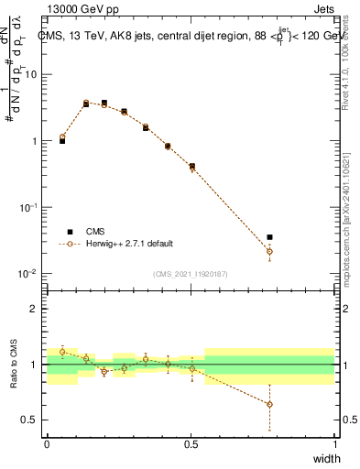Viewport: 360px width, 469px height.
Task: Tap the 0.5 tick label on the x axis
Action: click(x=191, y=443)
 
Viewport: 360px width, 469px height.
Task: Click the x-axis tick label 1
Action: click(x=334, y=443)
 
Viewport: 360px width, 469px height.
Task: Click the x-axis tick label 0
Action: click(x=48, y=443)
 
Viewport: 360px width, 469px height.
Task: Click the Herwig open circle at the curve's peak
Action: click(x=86, y=103)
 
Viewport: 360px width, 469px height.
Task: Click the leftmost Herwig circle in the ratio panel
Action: click(x=62, y=352)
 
